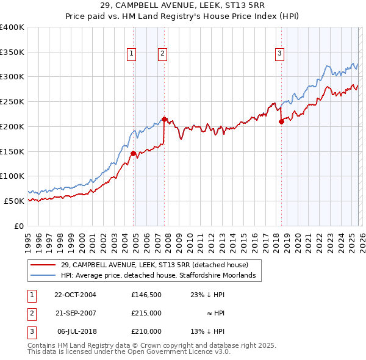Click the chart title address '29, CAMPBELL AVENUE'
(x=183, y=5)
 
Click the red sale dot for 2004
(x=133, y=153)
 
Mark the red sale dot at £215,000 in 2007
(x=164, y=119)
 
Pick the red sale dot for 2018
(x=281, y=121)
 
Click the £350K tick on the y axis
(x=12, y=52)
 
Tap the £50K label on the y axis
(x=14, y=201)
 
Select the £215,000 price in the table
(x=146, y=312)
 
